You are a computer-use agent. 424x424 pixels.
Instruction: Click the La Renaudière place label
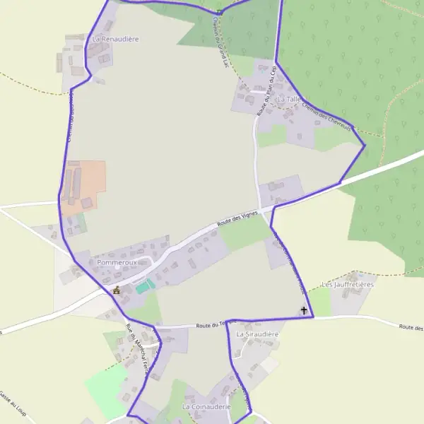116,39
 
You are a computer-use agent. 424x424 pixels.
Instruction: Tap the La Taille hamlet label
289,100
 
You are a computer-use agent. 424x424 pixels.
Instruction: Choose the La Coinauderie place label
206,408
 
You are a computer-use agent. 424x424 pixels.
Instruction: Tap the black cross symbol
305,310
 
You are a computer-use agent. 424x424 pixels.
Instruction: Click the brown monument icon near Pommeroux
117,290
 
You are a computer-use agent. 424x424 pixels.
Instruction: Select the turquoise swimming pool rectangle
145,285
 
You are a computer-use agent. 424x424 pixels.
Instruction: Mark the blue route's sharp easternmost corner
365,146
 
